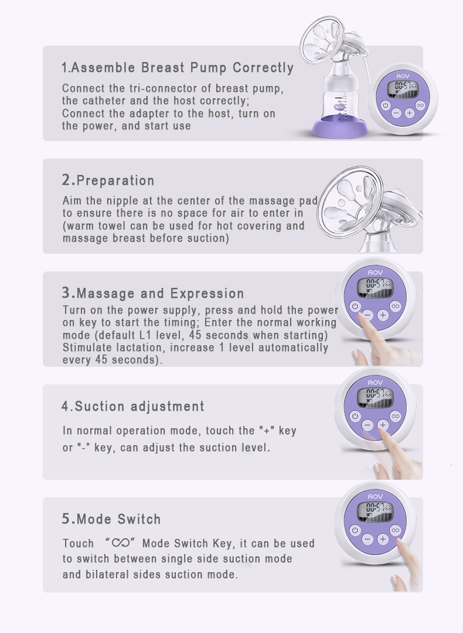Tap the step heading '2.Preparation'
coord(108,180)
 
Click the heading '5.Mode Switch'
coord(111,519)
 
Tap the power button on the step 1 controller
coord(386,105)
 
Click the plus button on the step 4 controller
coord(383,425)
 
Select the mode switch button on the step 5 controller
coord(395,530)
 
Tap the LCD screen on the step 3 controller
coord(374,287)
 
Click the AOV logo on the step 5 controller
coord(375,496)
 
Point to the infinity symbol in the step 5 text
coord(121,543)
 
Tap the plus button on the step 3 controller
coord(383,315)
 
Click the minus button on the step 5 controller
coord(367,539)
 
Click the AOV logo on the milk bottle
coord(339,107)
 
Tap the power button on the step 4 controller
coord(355,416)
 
